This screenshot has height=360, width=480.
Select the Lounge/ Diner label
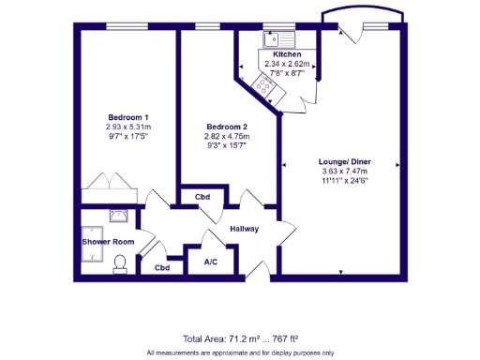click(x=343, y=161)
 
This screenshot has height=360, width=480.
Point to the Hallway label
click(x=238, y=229)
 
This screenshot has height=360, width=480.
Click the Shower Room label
click(x=107, y=241)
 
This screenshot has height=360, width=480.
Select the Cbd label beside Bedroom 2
click(x=202, y=198)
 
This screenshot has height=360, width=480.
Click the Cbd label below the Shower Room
click(x=162, y=267)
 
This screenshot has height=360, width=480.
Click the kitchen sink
click(x=279, y=39)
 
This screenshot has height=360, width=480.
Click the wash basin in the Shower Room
click(x=119, y=214)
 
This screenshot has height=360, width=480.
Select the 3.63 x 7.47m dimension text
click(x=343, y=172)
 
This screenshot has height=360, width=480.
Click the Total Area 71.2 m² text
click(x=240, y=338)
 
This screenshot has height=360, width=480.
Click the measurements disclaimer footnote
click(x=240, y=352)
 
